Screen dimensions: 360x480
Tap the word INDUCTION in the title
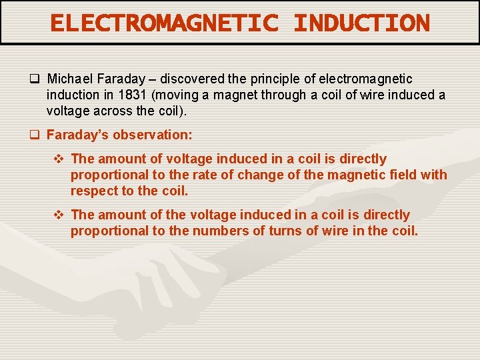361,23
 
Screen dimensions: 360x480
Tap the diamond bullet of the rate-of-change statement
58,159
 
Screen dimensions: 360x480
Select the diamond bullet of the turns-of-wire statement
58,215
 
